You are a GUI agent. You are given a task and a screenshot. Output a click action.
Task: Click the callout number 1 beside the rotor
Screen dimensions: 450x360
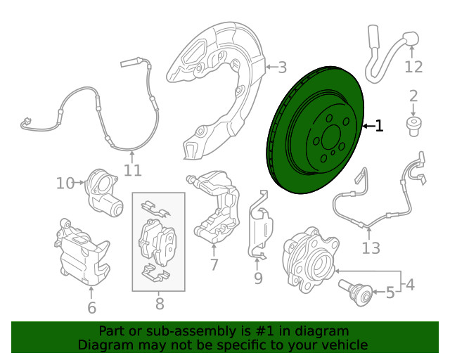coord(379,126)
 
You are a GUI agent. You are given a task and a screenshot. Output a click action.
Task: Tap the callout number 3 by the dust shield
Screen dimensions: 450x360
coord(283,67)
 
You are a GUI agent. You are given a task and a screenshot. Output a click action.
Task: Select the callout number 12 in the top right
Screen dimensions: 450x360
coord(413,67)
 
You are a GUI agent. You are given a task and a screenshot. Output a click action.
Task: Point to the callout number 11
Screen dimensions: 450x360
coord(133,170)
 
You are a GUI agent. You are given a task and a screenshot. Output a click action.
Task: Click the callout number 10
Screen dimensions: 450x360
coord(65,183)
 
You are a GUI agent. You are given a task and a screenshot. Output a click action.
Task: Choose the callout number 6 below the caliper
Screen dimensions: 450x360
coord(91,308)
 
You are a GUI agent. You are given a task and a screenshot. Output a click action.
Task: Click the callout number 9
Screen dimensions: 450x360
coord(258,278)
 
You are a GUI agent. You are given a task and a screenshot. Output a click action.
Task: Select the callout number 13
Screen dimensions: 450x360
coord(371,248)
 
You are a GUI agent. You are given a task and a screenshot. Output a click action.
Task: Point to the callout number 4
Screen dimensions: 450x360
coord(411,285)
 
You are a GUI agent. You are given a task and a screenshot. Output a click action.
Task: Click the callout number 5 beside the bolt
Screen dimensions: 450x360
coord(390,292)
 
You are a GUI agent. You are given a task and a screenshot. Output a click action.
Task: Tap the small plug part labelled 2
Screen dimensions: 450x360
coord(413,127)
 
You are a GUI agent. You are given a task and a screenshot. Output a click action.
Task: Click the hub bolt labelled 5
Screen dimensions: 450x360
coord(355,292)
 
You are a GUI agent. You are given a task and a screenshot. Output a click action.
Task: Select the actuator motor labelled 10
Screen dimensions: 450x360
coord(103,193)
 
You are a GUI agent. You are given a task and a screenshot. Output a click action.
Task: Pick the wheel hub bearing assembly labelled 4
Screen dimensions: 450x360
coord(309,260)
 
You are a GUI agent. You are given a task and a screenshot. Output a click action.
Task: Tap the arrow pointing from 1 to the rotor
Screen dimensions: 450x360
coord(368,126)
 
